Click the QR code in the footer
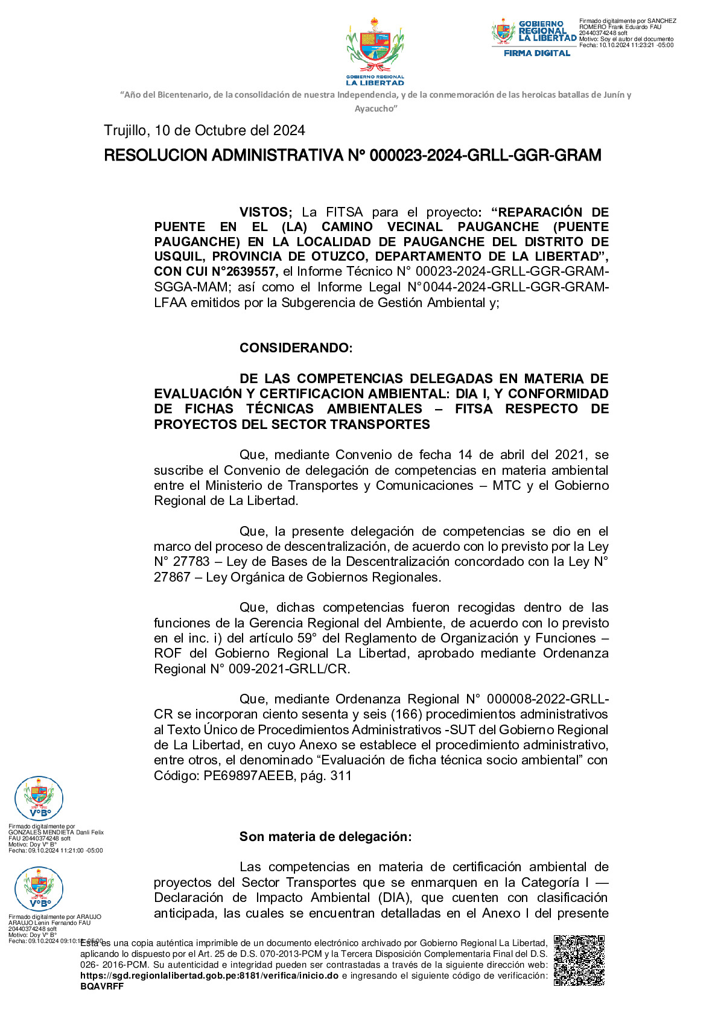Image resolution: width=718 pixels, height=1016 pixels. click(579, 960)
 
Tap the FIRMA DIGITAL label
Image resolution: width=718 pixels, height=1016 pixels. click(536, 53)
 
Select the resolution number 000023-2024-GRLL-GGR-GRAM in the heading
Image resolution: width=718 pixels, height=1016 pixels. click(485, 156)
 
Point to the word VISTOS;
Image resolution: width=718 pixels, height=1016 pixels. click(265, 212)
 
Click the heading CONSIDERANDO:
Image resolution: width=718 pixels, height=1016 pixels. click(296, 348)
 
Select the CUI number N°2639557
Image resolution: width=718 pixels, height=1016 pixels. click(244, 272)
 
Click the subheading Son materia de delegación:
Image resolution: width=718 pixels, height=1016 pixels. click(325, 837)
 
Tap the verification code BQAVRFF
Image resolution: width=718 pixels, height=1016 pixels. click(102, 986)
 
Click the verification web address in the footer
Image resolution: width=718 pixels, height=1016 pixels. click(209, 976)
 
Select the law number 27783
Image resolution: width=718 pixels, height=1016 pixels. click(191, 562)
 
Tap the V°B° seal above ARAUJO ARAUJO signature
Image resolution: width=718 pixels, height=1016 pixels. click(39, 889)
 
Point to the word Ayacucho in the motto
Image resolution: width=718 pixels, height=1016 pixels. click(375, 109)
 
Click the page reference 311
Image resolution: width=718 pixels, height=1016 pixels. click(341, 776)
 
